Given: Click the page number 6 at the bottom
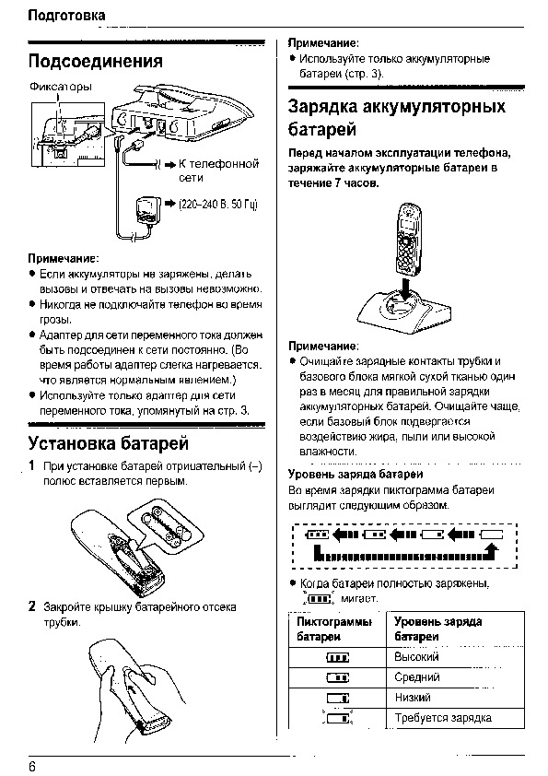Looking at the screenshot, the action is pyautogui.click(x=32, y=767).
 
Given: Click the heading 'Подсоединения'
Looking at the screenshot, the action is pyautogui.click(x=96, y=62).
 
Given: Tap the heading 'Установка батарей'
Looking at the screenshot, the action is pyautogui.click(x=109, y=443).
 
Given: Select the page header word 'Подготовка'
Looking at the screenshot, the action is pyautogui.click(x=66, y=16).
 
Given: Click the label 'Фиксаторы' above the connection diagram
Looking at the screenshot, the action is pyautogui.click(x=61, y=87).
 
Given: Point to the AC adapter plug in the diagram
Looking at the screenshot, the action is pyautogui.click(x=146, y=210).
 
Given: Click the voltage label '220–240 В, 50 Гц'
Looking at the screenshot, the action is pyautogui.click(x=218, y=205).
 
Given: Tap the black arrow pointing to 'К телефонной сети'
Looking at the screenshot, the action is pyautogui.click(x=170, y=164).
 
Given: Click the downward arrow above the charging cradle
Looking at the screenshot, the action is pyautogui.click(x=404, y=288).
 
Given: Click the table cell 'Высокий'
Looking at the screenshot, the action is pyautogui.click(x=416, y=657).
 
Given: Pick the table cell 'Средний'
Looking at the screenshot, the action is pyautogui.click(x=417, y=677).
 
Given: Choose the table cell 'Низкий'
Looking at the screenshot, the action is pyautogui.click(x=413, y=698).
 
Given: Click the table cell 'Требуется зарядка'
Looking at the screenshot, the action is pyautogui.click(x=443, y=718).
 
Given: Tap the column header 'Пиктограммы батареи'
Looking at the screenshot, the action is pyautogui.click(x=334, y=629).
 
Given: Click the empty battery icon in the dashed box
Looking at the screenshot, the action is pyautogui.click(x=492, y=535).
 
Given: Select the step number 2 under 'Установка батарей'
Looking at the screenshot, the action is pyautogui.click(x=32, y=606).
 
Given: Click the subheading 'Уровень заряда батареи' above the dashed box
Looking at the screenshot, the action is pyautogui.click(x=356, y=474).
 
